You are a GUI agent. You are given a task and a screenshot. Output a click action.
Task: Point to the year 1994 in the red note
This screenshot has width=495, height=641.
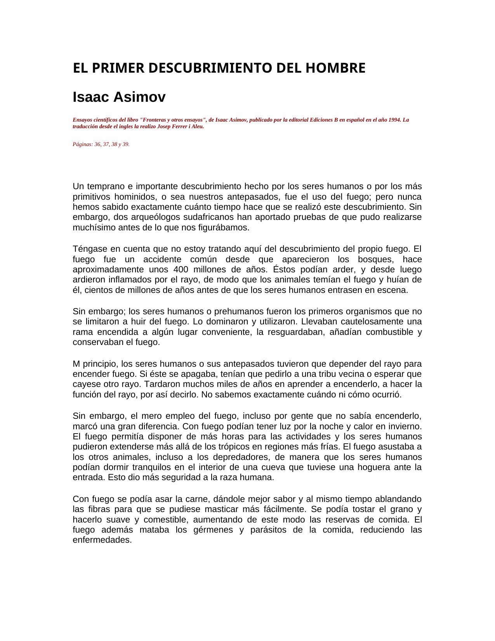(x=395, y=120)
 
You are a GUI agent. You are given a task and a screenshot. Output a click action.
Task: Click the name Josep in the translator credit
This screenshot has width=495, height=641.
(x=164, y=126)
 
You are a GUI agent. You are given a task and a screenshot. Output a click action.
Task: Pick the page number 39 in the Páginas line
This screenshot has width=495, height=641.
(x=126, y=145)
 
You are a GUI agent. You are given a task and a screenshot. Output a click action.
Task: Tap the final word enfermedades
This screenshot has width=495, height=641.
(x=102, y=540)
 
